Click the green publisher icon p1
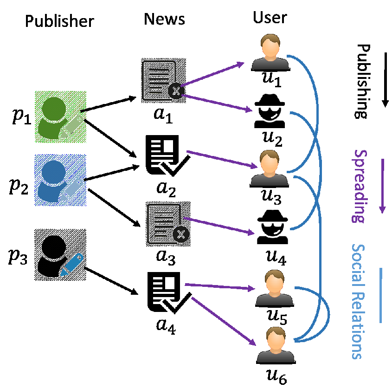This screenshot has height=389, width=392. point(60,117)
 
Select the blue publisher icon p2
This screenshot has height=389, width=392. point(60,180)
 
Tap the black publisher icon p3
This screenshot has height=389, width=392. point(60,255)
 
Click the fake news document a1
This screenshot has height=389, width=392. point(164,80)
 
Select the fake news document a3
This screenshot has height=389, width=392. point(168,224)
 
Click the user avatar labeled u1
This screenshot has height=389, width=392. point(270,52)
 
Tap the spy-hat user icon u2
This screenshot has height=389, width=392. point(270,111)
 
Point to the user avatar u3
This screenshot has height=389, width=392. point(269,169)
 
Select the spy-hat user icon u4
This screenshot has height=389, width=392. point(272,227)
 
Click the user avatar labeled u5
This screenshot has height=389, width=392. point(275,288)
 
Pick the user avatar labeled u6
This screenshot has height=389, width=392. point(276,345)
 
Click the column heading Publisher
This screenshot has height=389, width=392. point(59,21)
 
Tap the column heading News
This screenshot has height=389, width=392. point(164,19)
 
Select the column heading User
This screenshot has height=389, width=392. point(270,18)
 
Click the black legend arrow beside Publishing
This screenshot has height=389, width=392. point(385,80)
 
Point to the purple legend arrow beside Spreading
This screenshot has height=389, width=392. point(382,186)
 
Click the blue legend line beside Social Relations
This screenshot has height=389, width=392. point(380,295)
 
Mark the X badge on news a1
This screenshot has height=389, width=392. point(176,91)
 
